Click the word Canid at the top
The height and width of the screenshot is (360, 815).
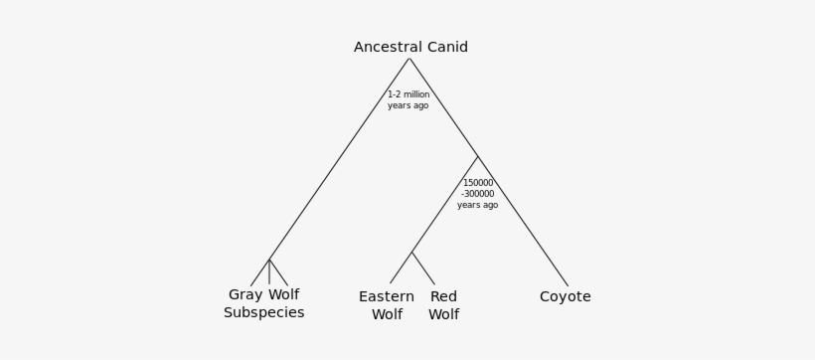point(446,48)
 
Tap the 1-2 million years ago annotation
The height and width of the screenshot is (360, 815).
point(408,100)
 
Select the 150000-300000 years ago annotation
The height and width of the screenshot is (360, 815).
point(478,194)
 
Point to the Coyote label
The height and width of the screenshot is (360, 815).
point(565,296)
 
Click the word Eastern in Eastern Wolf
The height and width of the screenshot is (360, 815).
point(387,296)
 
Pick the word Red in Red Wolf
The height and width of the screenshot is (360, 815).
point(443,296)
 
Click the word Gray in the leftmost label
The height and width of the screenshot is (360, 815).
point(245,295)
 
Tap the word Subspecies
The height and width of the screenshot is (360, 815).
point(263,312)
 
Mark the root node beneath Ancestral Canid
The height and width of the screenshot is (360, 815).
point(409,59)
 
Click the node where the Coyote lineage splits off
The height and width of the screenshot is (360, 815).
point(478,156)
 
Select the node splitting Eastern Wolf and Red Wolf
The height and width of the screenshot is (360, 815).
point(411,252)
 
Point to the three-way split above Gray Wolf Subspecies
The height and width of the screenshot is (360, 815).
point(269,260)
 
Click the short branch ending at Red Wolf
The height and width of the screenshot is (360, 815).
point(423,269)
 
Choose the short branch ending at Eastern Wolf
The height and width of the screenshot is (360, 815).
point(401,268)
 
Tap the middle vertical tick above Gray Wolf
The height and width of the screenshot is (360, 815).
point(269,272)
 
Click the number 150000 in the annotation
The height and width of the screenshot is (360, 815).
point(478,183)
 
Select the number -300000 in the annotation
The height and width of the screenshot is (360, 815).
point(477,194)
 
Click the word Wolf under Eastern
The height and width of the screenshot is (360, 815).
point(387,314)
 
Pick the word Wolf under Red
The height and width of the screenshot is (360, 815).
point(443,314)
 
